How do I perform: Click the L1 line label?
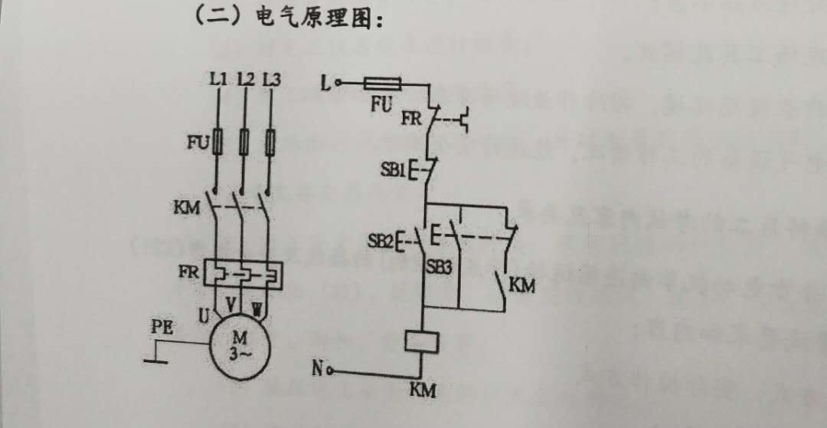(x=218, y=79)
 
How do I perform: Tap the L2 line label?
(x=245, y=79)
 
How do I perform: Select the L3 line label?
(x=271, y=79)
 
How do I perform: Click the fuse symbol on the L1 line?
(x=219, y=142)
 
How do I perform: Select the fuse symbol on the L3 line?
(x=271, y=142)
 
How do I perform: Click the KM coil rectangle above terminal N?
(x=420, y=340)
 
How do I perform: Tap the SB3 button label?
(x=439, y=269)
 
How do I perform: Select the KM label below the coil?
(x=422, y=390)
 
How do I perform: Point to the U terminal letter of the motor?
(x=204, y=314)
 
